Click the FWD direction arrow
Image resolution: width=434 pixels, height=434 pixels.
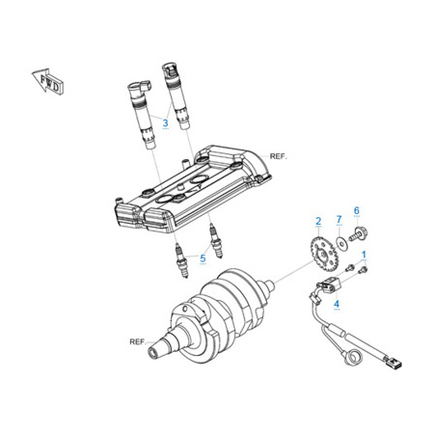click(48, 81)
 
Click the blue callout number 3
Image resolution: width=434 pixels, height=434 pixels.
click(165, 122)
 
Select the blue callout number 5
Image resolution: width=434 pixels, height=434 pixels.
click(203, 258)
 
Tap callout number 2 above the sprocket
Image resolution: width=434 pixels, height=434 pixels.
click(318, 221)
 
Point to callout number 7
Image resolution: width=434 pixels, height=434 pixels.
click(339, 220)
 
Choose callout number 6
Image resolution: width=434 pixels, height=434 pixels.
click(357, 211)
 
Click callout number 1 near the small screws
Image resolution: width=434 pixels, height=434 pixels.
click(364, 255)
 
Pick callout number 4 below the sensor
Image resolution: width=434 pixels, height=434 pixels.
click(337, 304)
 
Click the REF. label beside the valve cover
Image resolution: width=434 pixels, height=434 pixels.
click(279, 156)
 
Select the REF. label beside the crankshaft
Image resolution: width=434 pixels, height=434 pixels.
click(138, 341)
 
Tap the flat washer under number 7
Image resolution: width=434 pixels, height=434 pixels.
click(341, 243)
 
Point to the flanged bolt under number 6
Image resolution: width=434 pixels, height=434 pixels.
click(358, 234)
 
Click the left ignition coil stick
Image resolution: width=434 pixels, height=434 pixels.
click(142, 115)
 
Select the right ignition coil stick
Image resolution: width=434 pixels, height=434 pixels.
click(176, 95)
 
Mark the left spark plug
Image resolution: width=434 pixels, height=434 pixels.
click(181, 260)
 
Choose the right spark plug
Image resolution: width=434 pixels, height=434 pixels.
click(216, 240)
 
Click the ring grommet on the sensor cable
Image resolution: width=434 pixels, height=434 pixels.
click(352, 357)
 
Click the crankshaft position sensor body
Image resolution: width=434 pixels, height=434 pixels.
click(329, 285)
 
